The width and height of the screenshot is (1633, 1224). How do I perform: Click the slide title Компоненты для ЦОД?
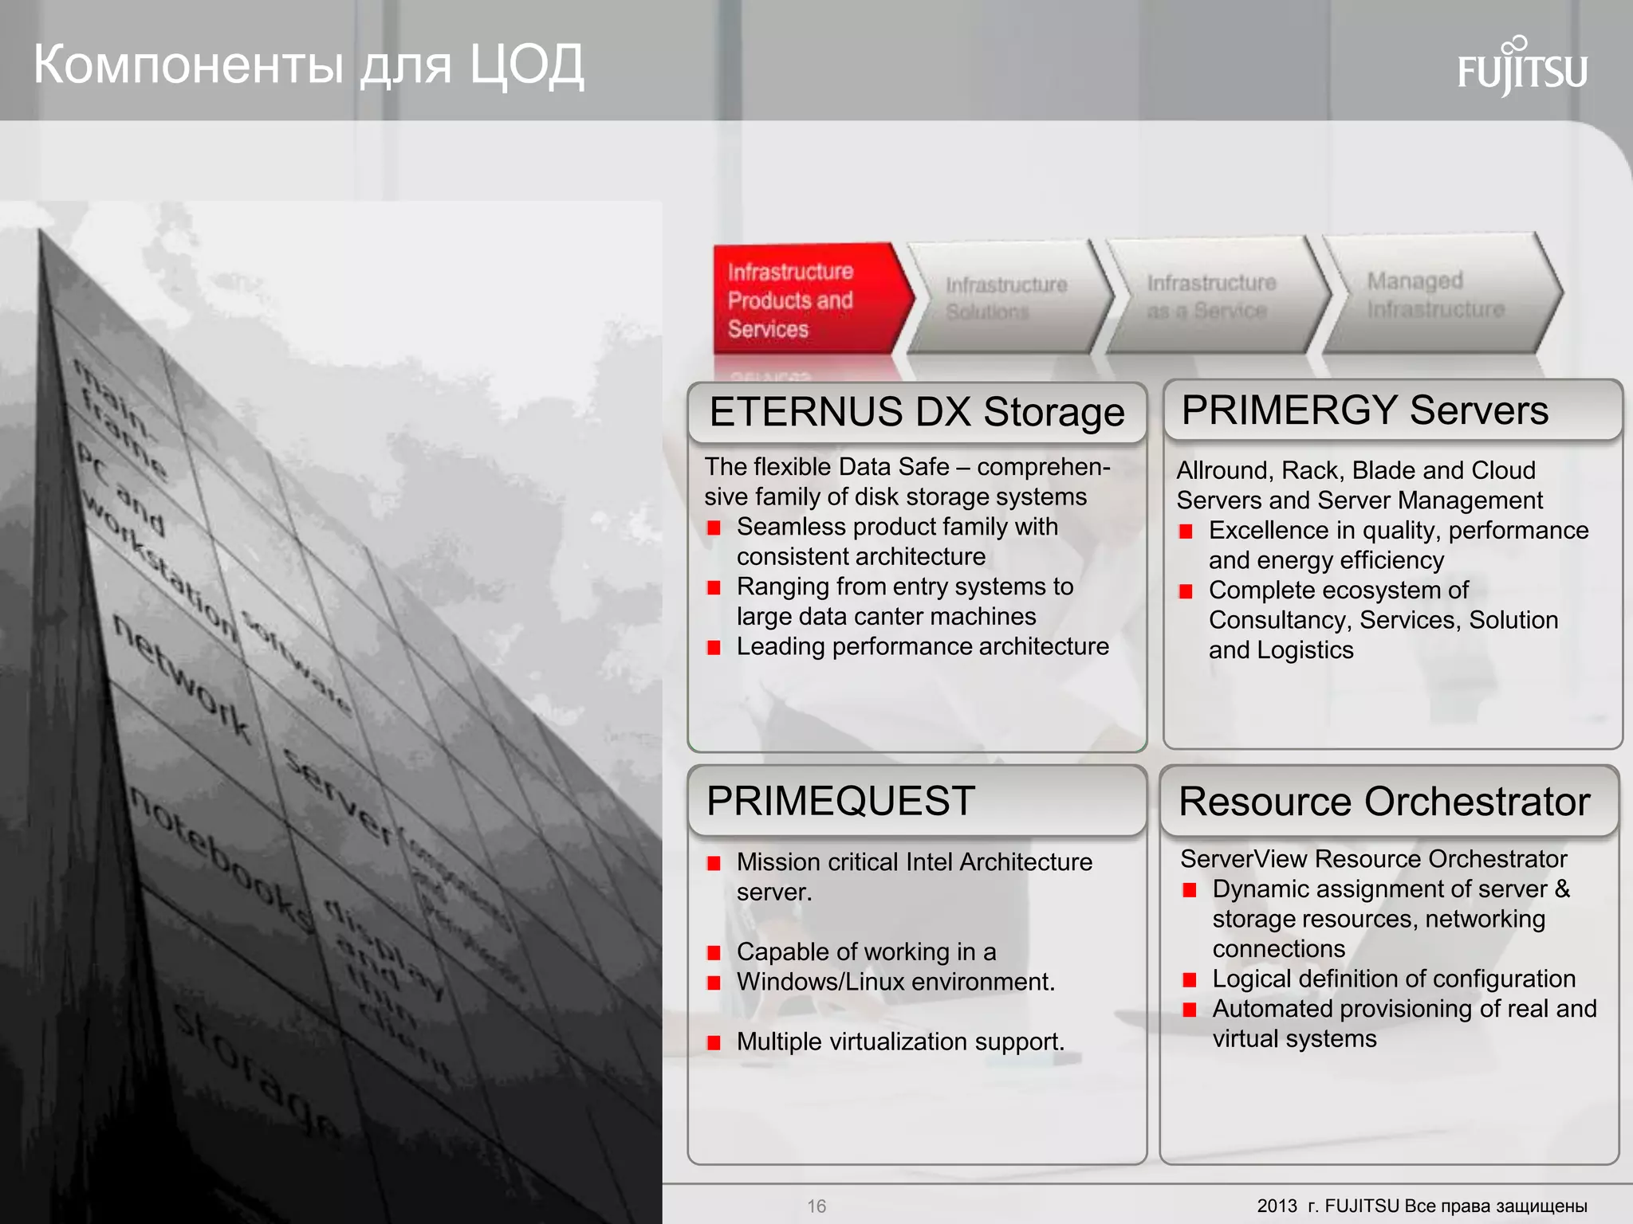pos(309,65)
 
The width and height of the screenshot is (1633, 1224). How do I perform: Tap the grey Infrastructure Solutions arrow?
pos(1007,298)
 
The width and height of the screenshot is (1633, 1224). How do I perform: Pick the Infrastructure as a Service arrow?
pos(1211,296)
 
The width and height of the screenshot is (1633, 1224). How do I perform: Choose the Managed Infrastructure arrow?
pos(1436,295)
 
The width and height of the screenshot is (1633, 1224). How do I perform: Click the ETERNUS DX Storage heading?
pos(916,413)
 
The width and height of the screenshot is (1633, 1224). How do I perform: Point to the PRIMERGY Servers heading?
pos(1364,410)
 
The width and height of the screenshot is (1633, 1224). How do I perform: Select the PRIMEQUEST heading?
pos(840,801)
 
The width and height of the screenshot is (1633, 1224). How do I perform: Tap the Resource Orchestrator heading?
pos(1384,802)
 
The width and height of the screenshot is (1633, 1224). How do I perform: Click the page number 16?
pos(816,1206)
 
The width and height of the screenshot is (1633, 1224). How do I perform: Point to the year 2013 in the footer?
pos(1277,1206)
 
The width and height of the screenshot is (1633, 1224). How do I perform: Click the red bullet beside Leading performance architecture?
pos(714,647)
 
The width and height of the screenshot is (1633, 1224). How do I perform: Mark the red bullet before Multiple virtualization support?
pos(714,1042)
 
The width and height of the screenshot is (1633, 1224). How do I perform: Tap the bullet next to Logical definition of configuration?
pos(1189,979)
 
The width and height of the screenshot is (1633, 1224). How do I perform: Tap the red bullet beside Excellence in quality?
pos(1186,532)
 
